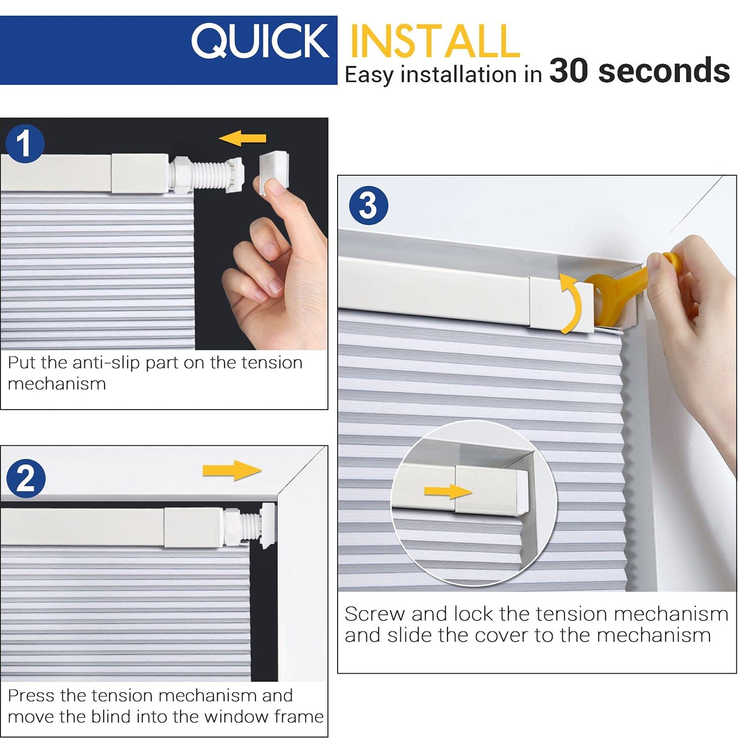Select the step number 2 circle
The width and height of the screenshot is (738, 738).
point(26,478)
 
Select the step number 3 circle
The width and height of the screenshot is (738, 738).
point(368,205)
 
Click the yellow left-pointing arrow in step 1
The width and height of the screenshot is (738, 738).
point(242,138)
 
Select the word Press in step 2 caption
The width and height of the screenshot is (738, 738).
point(31,696)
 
